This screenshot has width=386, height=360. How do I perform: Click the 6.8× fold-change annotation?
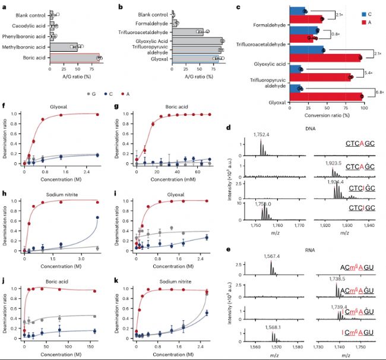coord(379,92)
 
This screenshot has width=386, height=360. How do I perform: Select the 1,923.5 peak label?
coord(335,162)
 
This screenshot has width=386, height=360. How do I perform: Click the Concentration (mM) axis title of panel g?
coord(166,178)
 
